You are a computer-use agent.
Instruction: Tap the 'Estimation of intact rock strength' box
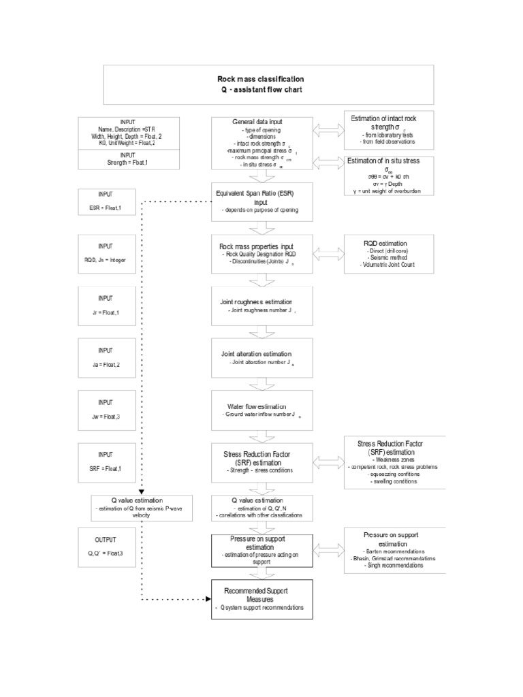(x=386, y=129)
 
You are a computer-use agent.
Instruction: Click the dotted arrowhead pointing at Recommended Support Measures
(x=206, y=600)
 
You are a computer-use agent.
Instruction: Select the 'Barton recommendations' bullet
(x=386, y=551)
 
